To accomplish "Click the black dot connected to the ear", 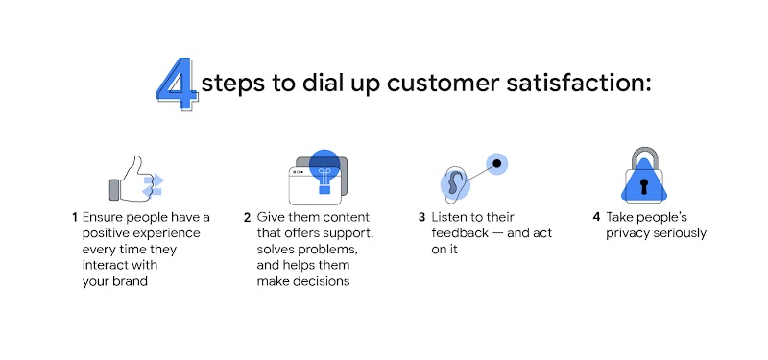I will point(498,163).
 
